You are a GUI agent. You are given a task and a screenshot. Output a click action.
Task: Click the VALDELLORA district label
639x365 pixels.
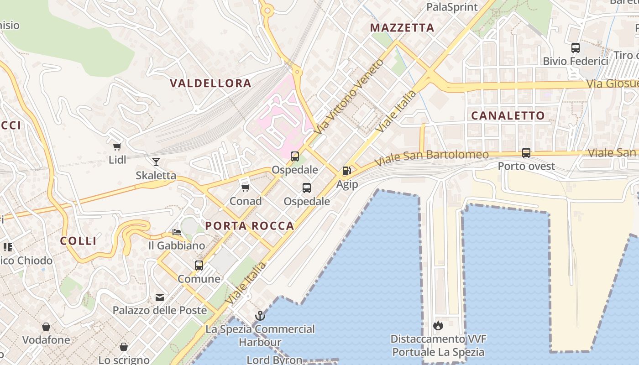tap(210, 83)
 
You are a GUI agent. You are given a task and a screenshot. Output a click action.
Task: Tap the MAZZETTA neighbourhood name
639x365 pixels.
tap(402, 27)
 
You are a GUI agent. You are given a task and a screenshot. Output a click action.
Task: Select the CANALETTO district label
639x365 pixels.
tap(508, 115)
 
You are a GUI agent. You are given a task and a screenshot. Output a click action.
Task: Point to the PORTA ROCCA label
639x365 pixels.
tap(250, 225)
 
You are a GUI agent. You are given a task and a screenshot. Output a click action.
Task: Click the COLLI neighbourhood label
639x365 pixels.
tap(79, 241)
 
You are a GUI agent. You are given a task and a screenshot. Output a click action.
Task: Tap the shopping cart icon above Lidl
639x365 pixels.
tap(117, 146)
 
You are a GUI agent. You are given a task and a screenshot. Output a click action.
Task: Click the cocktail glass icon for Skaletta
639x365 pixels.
tap(156, 162)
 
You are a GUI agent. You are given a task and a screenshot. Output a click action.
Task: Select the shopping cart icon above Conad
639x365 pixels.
tap(245, 187)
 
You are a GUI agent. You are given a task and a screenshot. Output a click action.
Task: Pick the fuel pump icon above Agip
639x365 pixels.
tap(347, 171)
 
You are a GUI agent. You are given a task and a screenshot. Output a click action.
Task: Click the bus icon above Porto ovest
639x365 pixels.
tap(526, 153)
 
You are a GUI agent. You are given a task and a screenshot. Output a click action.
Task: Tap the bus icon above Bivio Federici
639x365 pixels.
tap(576, 47)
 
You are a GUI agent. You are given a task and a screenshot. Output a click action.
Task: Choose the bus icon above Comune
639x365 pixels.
tap(199, 265)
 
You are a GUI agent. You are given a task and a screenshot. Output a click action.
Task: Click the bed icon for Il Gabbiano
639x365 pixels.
tap(177, 232)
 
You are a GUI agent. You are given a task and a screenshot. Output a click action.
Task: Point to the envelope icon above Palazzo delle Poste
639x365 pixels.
tap(160, 297)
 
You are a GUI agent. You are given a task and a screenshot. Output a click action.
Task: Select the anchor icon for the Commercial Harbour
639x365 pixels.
tap(260, 315)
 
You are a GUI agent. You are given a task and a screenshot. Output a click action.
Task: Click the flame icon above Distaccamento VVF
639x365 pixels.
tap(438, 325)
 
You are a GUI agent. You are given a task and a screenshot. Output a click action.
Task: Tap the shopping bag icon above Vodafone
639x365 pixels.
tap(46, 327)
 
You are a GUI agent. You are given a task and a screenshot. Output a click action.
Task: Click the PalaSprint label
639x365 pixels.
tap(452, 7)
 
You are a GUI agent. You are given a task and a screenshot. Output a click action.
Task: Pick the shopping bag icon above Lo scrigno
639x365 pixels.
tap(123, 347)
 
